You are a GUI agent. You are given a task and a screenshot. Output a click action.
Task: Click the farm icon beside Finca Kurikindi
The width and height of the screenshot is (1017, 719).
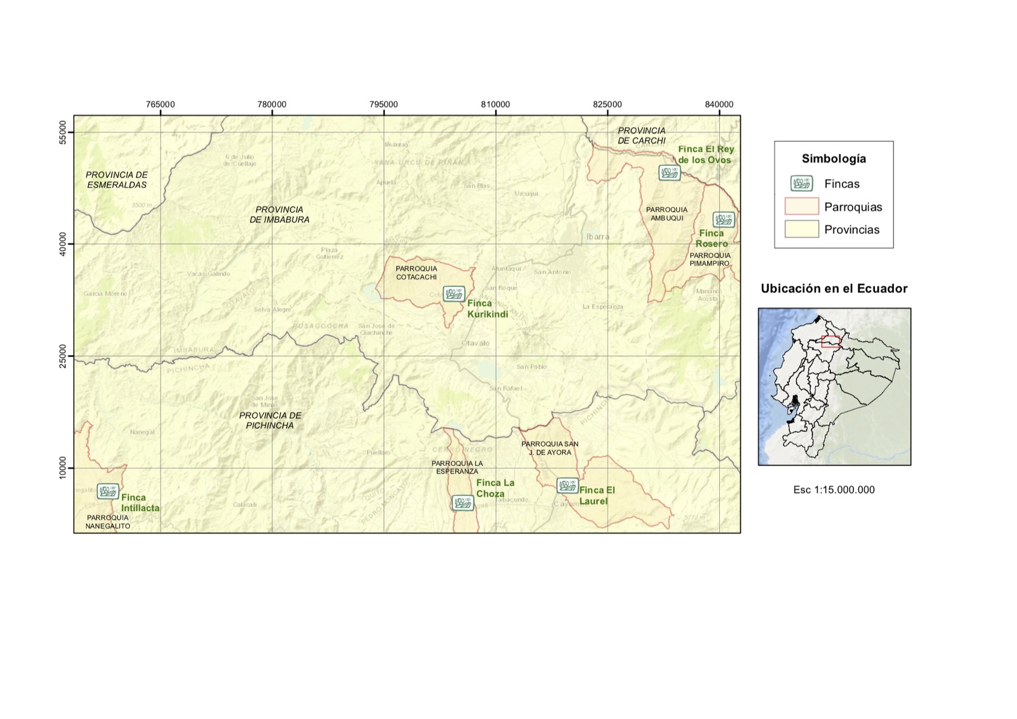454,294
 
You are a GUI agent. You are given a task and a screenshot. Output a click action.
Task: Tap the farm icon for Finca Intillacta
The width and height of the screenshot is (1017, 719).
108,491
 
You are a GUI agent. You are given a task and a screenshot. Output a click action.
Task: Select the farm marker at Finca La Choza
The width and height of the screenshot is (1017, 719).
463,503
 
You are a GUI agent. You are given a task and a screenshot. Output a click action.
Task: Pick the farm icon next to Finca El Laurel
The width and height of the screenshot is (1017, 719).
567,485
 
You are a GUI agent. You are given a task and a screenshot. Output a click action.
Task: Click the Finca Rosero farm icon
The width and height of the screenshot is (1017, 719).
723,219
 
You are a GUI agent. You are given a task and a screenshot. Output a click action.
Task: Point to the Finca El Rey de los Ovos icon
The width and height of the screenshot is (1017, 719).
669,173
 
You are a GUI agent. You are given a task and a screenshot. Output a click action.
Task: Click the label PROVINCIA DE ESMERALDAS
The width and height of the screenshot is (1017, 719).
117,180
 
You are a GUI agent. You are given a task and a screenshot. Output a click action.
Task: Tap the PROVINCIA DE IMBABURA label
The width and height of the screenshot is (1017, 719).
280,214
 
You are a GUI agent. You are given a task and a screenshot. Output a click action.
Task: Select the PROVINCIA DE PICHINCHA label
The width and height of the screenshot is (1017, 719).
270,421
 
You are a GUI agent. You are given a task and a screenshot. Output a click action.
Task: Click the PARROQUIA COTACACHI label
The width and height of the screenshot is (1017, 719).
416,273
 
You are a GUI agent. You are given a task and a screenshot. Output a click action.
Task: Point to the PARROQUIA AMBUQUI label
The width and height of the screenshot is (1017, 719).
667,214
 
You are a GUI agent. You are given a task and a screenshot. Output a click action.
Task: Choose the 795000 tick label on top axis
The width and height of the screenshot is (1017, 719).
383,105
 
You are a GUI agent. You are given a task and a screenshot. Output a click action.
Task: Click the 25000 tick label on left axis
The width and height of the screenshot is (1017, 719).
63,356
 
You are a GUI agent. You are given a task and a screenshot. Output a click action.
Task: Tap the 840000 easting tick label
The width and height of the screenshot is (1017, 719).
719,105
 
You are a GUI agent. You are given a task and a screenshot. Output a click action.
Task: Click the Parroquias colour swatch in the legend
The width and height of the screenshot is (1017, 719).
801,207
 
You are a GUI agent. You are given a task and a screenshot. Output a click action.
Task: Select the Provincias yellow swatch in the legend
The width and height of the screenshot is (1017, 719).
801,230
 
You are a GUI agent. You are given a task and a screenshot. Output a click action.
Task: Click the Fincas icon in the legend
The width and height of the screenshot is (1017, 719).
801,184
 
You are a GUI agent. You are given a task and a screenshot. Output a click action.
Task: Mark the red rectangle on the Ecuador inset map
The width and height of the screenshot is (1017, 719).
830,341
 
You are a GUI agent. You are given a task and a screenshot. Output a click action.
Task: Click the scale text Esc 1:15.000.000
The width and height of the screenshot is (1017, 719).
833,490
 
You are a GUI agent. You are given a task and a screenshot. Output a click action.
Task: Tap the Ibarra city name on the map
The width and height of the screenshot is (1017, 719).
597,237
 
